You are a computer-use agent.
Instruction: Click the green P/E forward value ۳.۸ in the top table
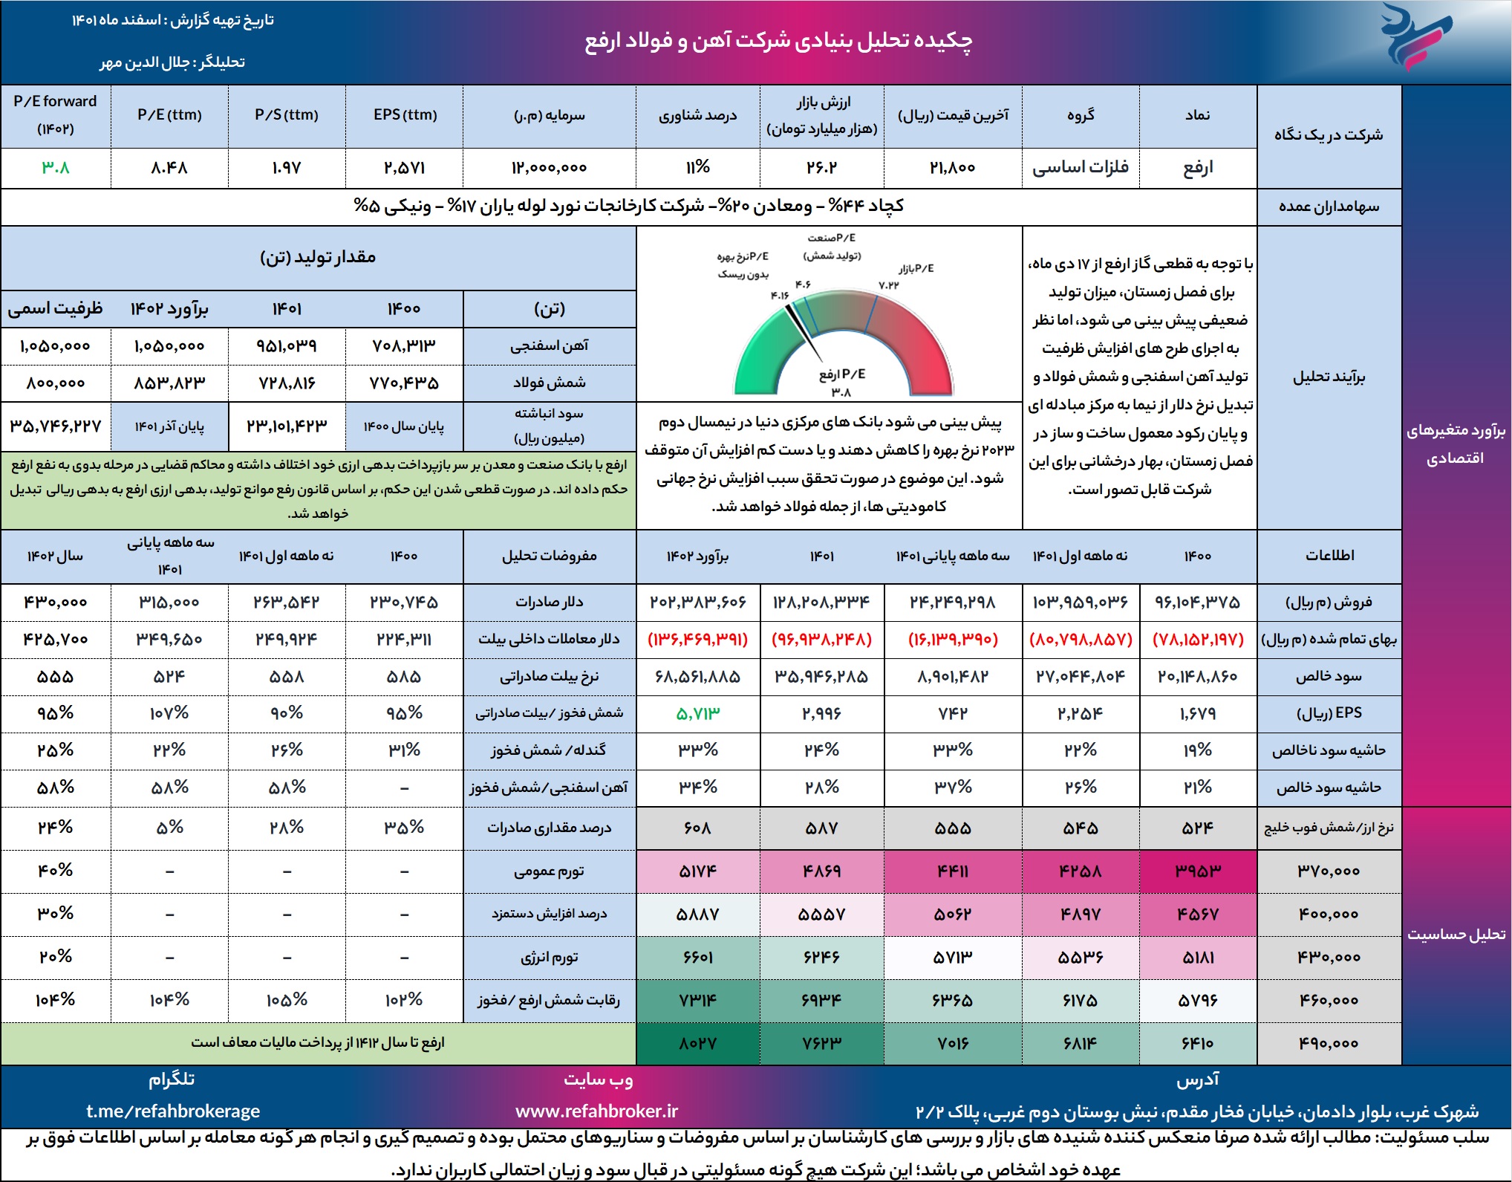[56, 168]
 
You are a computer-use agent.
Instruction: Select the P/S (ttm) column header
[287, 115]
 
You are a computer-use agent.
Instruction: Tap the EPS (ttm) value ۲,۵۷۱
[405, 168]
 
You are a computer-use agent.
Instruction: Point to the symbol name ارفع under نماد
[1198, 168]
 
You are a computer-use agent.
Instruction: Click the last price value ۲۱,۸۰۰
[953, 168]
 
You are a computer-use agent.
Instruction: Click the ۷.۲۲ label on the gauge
[889, 285]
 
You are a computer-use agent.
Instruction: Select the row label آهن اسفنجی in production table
[550, 345]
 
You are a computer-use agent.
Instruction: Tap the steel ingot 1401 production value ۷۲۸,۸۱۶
[287, 383]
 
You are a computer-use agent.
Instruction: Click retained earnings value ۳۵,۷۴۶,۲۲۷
[56, 426]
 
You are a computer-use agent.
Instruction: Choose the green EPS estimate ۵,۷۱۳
[698, 714]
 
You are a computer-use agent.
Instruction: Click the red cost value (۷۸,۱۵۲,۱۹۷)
[1198, 640]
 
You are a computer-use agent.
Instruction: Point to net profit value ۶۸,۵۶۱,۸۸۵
[698, 677]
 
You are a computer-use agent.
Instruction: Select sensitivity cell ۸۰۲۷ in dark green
[698, 1044]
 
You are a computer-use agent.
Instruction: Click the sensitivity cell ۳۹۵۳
[1198, 871]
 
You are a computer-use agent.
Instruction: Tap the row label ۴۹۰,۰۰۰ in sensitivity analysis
[1329, 1044]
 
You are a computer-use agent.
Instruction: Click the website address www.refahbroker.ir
[597, 1111]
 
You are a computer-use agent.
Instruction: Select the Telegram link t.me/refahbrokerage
[173, 1111]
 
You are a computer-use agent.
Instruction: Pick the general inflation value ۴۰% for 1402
[56, 871]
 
